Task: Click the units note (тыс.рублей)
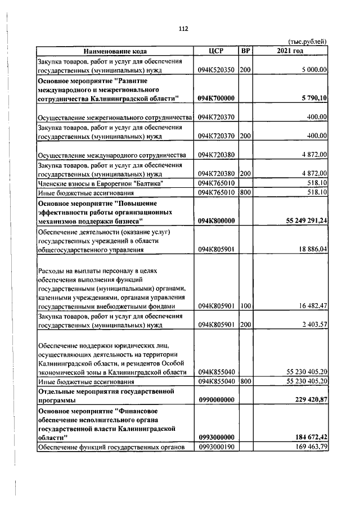(307, 42)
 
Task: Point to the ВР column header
(245, 51)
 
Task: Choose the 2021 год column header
(290, 51)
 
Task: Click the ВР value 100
(245, 306)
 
